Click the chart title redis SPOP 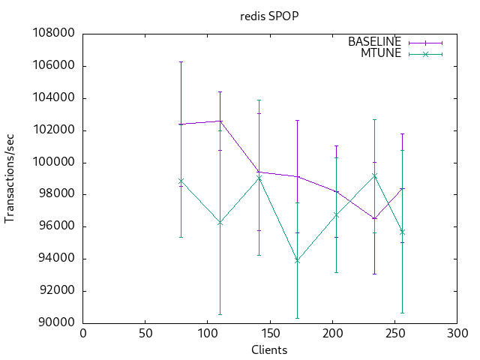click(269, 15)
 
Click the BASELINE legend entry click(374, 42)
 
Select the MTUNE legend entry click(382, 53)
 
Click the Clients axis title click(269, 349)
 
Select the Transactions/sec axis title click(10, 178)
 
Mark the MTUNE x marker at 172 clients click(297, 260)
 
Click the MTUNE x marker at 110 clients click(220, 223)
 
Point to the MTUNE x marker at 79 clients click(181, 181)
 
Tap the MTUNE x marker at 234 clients click(374, 175)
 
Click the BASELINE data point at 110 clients click(220, 121)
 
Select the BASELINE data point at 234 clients click(374, 218)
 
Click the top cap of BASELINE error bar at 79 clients click(181, 61)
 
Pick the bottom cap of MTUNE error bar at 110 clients click(220, 314)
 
